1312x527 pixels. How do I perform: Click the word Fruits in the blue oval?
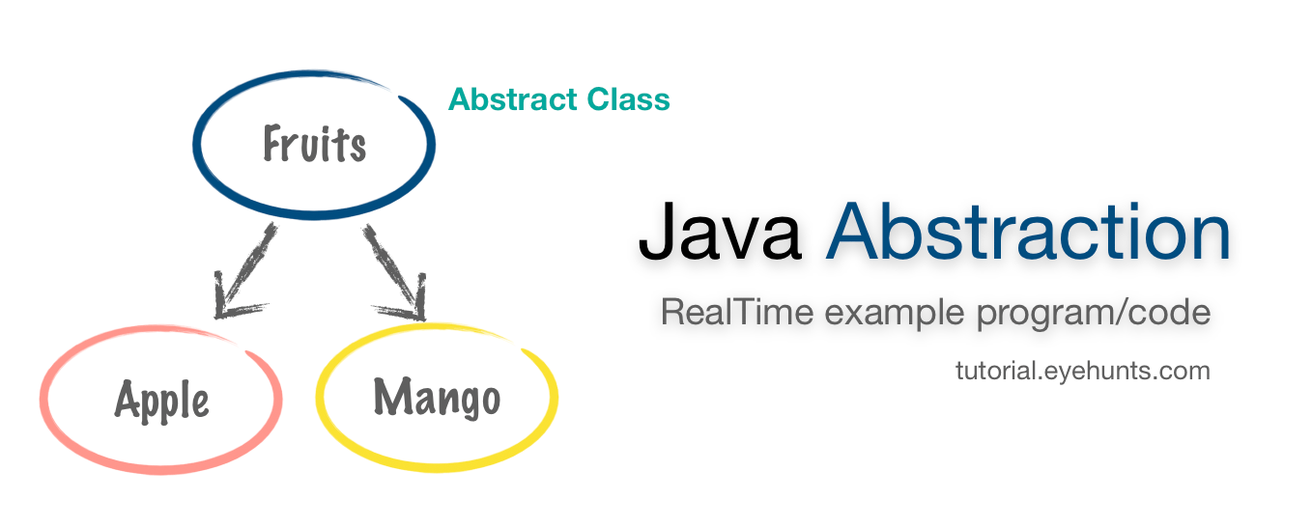pos(314,145)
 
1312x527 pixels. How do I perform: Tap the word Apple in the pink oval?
pos(161,399)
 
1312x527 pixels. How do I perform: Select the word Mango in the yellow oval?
pos(437,397)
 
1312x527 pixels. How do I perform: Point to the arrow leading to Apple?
pos(244,270)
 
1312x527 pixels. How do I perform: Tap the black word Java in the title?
pos(720,233)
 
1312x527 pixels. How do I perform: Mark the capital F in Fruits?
pos(274,145)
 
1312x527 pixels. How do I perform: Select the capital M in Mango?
pos(389,397)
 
